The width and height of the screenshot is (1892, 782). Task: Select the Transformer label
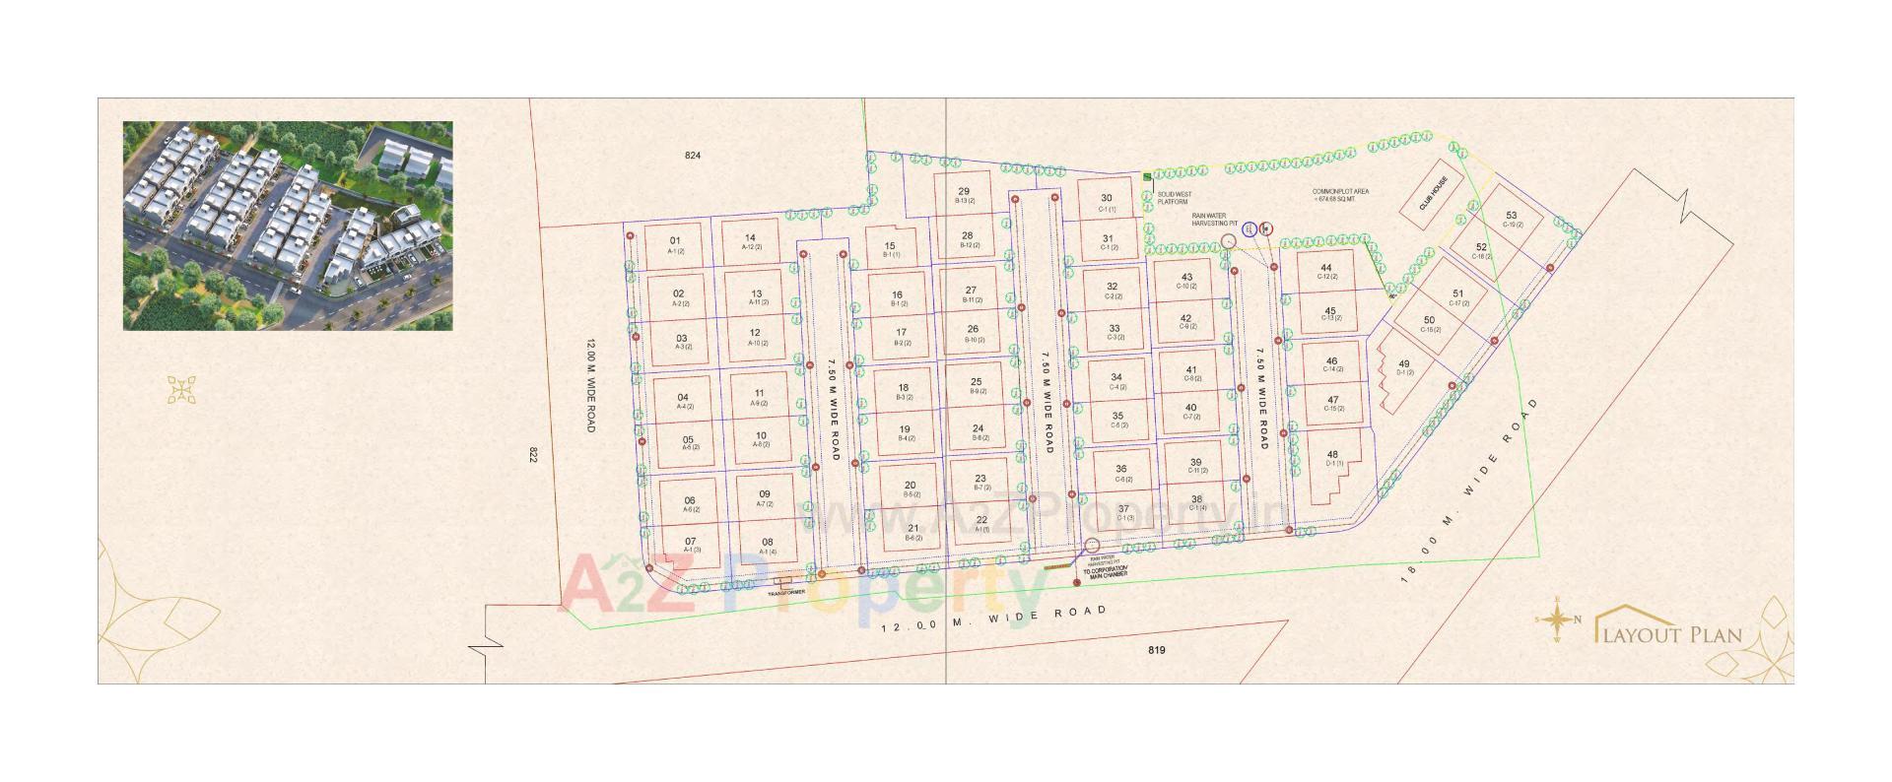pyautogui.click(x=785, y=592)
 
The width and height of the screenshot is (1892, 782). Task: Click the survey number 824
pyautogui.click(x=694, y=156)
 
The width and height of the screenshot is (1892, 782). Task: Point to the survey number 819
pyautogui.click(x=1157, y=650)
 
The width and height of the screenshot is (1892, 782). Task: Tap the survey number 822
pyautogui.click(x=533, y=455)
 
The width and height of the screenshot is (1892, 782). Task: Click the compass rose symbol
pyautogui.click(x=1556, y=619)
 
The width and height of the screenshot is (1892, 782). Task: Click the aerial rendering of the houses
pyautogui.click(x=288, y=226)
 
